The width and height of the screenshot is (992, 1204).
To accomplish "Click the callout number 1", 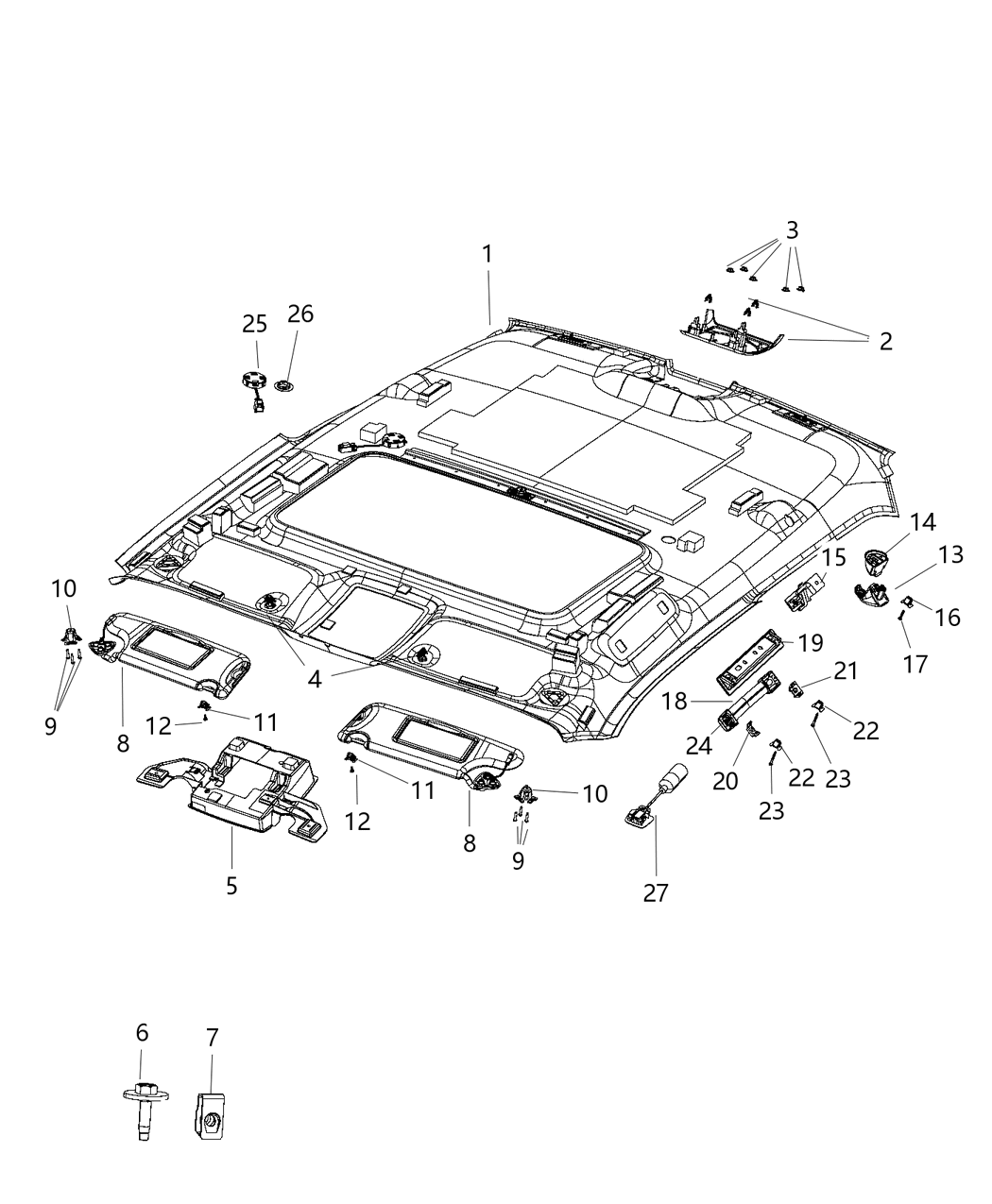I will tap(487, 254).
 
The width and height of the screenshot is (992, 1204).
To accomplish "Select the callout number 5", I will tap(231, 886).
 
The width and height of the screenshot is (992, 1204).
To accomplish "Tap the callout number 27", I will tap(656, 892).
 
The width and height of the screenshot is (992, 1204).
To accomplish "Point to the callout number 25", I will tap(254, 324).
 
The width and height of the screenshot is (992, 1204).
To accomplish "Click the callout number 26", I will tap(300, 314).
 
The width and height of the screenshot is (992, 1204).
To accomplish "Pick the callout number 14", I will tap(922, 522).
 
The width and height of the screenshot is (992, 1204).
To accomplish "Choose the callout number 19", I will tap(811, 643).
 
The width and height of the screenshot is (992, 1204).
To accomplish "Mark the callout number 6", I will tap(142, 1034).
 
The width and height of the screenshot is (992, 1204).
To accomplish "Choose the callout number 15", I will tap(833, 557).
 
